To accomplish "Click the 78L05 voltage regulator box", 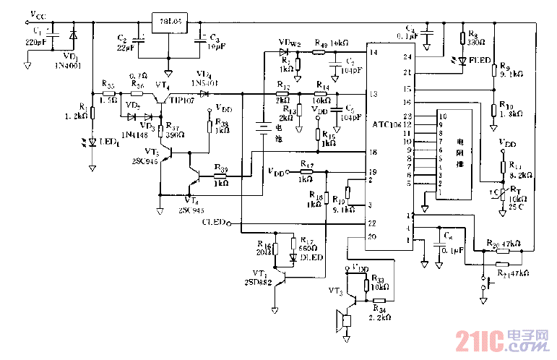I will [x=168, y=20].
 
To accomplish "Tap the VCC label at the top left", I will [x=36, y=14].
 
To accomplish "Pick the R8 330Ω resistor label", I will [x=475, y=38].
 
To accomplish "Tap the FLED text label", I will [x=480, y=61].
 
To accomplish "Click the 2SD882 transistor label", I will [x=259, y=281].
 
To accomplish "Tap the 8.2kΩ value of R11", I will [x=520, y=176].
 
